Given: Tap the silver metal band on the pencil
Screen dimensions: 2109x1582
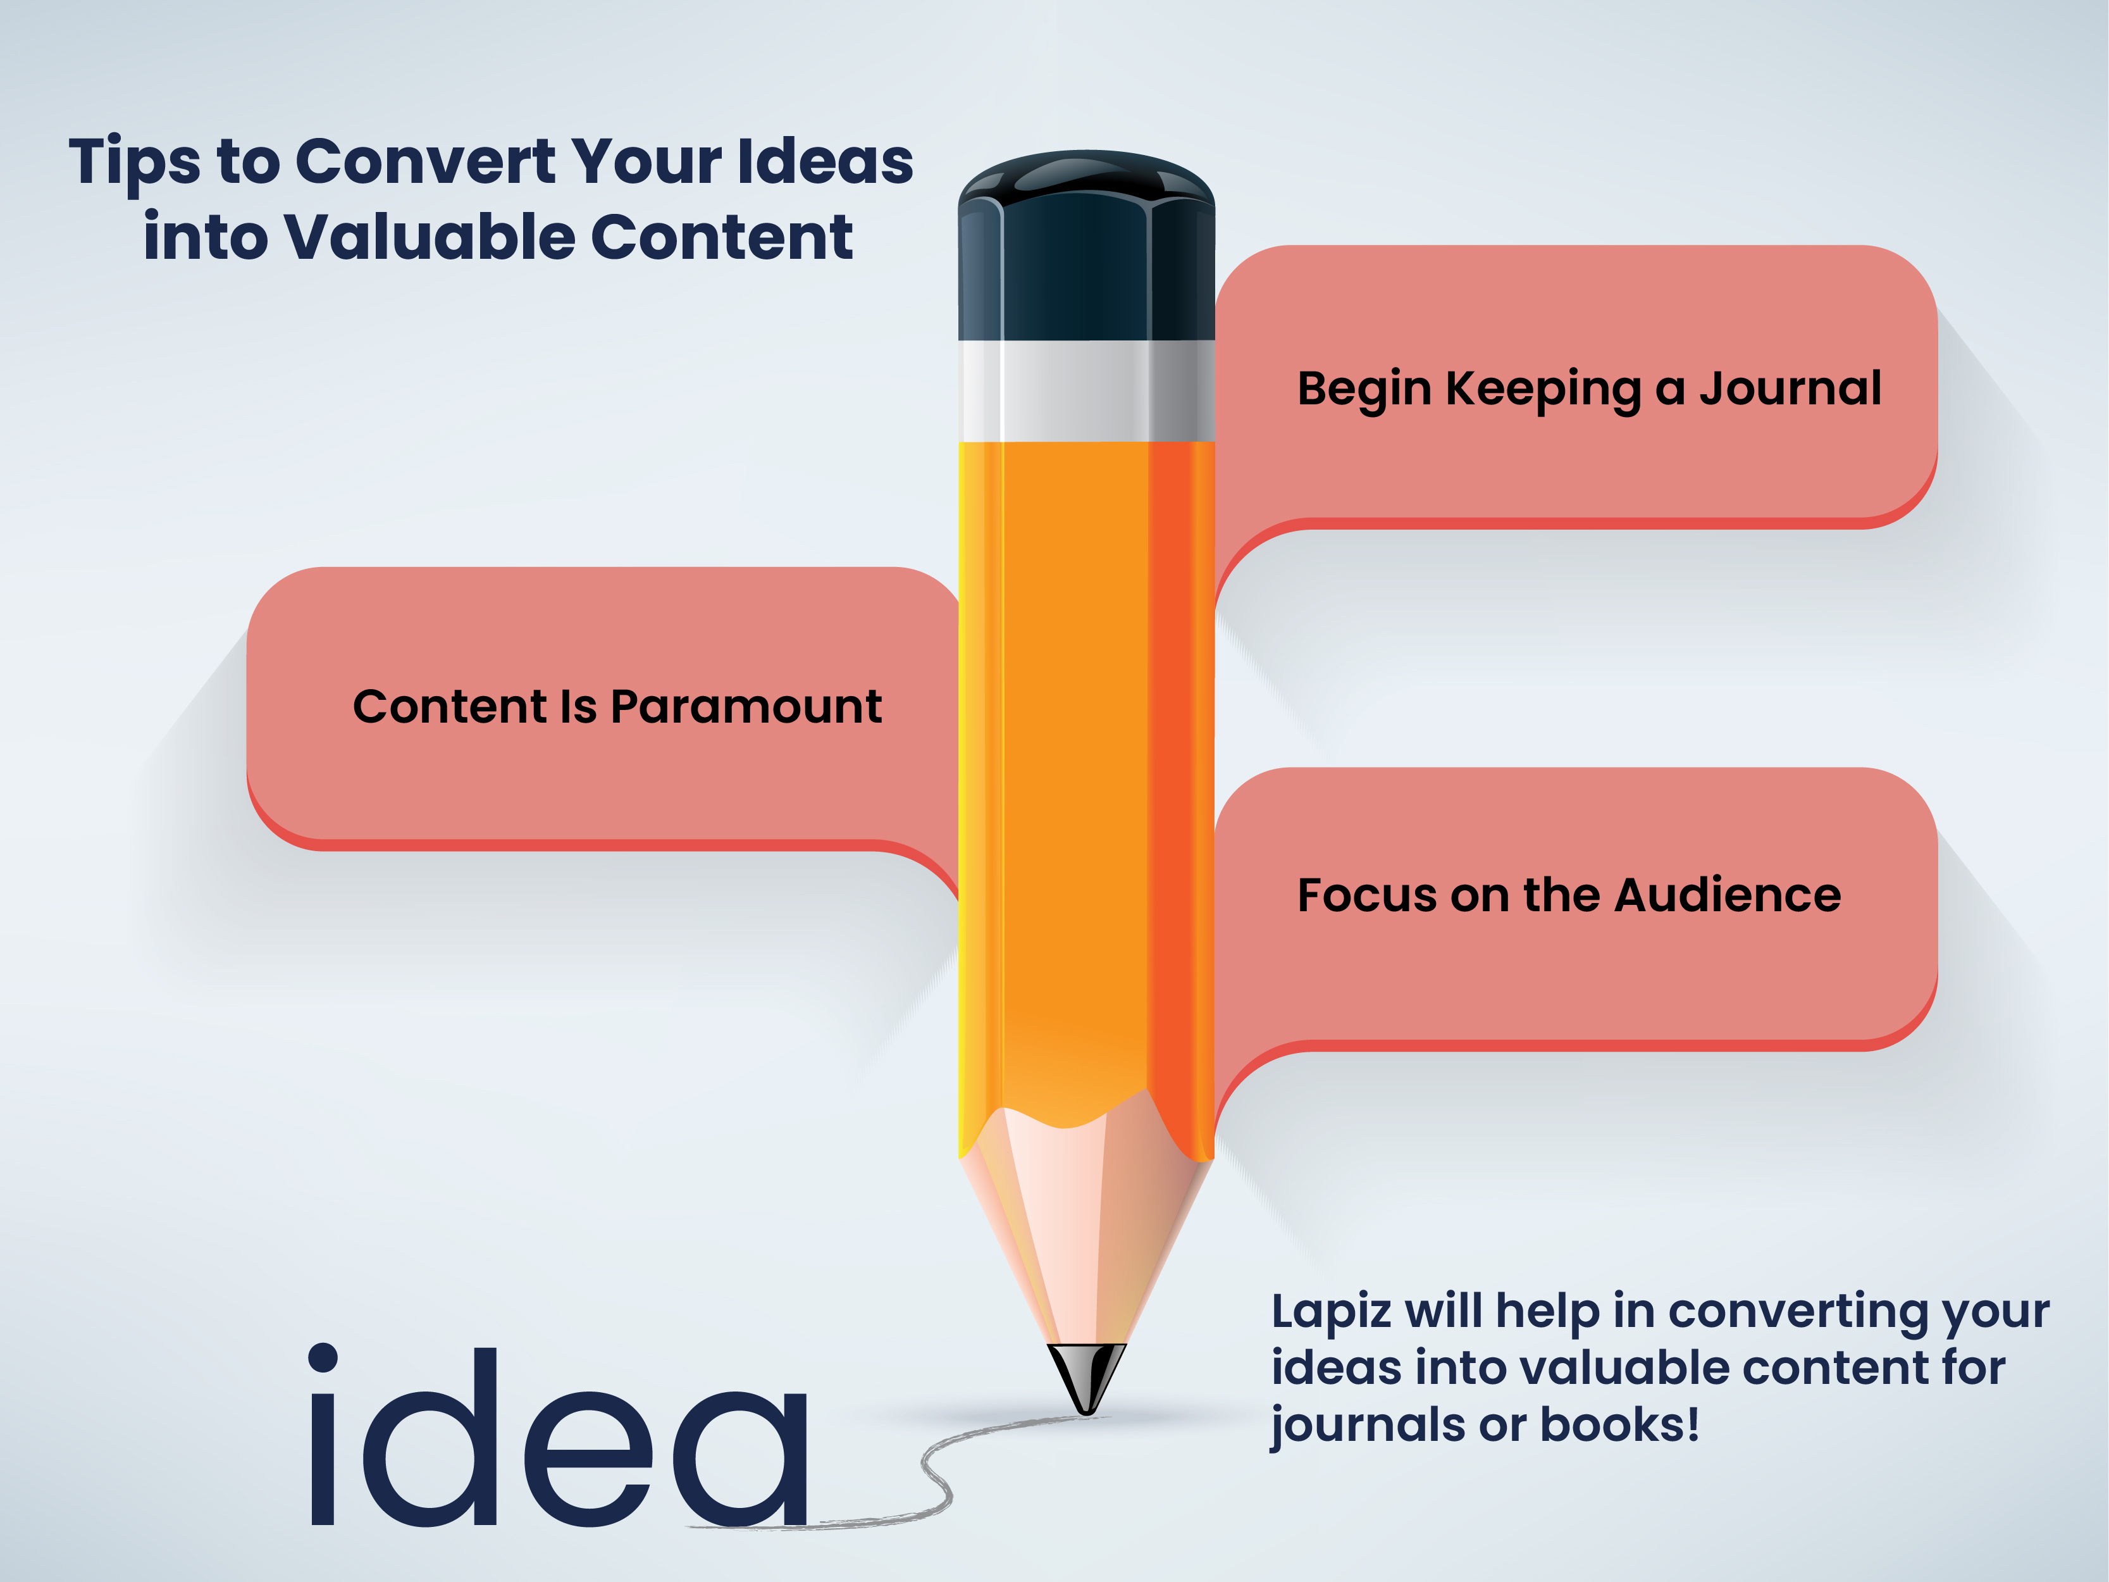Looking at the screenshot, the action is click(x=1086, y=391).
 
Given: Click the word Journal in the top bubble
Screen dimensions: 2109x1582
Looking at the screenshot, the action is click(x=1791, y=389).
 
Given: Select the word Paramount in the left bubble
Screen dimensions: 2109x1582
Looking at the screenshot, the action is click(x=746, y=707).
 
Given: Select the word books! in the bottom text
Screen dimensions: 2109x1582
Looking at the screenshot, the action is click(x=1620, y=1424).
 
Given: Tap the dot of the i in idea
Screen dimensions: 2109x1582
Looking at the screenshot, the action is click(x=323, y=1358).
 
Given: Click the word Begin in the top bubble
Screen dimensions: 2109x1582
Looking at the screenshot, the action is click(x=1364, y=389).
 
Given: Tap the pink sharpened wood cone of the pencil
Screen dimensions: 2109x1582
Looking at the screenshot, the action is click(x=1086, y=1230).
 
